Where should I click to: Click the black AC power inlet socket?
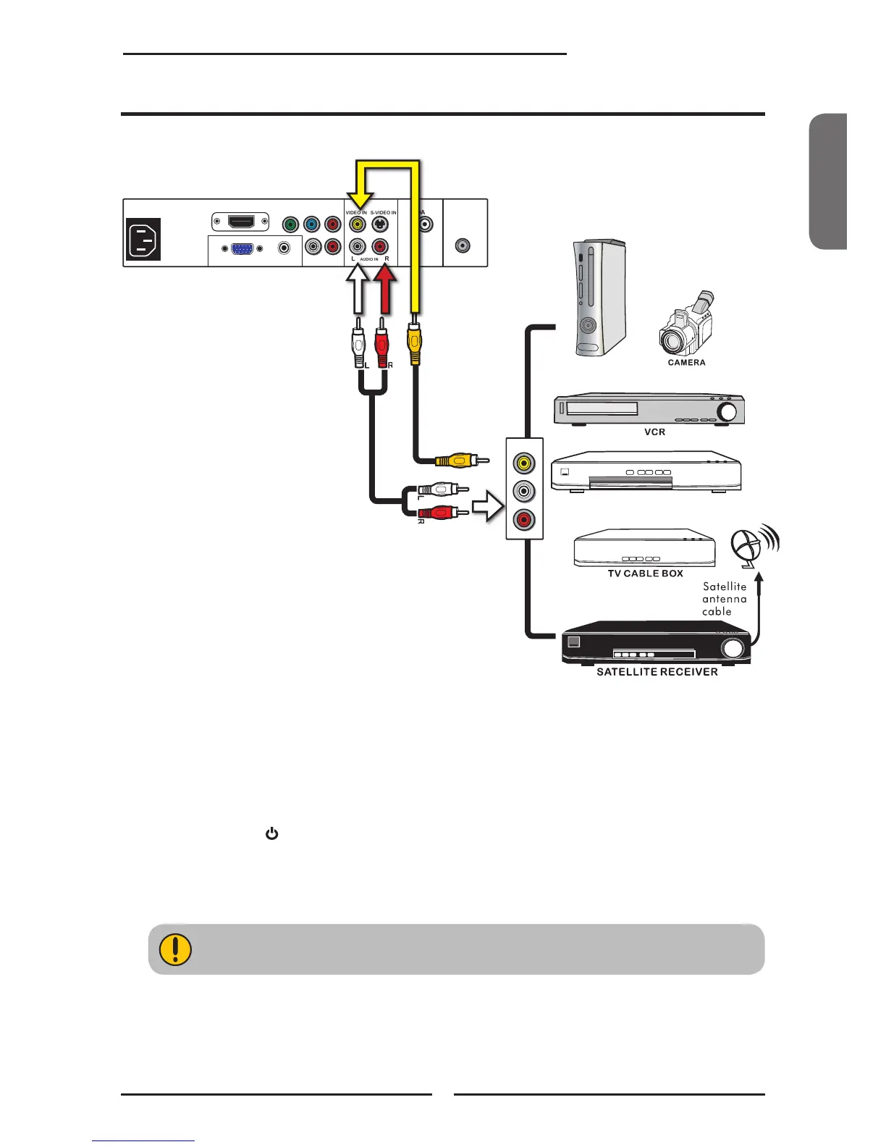(143, 240)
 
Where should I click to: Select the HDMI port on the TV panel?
(240, 222)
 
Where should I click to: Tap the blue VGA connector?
(242, 248)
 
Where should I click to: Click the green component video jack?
(291, 224)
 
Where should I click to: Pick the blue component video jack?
(312, 224)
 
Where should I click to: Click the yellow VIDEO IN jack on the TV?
(357, 224)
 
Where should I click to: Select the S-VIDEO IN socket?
(380, 224)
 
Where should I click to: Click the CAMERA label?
(686, 363)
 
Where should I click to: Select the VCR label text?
(654, 432)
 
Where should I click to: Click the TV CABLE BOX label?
(645, 573)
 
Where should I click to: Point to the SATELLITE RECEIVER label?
(657, 672)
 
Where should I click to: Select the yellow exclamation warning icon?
(174, 949)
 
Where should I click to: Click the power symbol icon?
(271, 834)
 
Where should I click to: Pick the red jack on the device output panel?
(524, 520)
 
